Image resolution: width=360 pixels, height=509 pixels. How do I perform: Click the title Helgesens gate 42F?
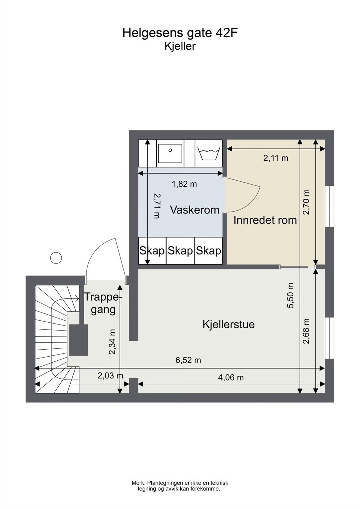point(180,33)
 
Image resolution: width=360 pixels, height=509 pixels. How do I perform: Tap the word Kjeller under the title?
point(180,46)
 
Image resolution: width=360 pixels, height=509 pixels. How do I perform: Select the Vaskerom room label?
point(195,210)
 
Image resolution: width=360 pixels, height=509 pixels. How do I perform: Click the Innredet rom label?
point(265,220)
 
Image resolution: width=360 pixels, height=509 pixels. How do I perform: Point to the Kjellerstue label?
point(228,325)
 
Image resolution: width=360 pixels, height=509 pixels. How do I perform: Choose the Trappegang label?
point(102,303)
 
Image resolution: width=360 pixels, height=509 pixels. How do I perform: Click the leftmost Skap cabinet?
point(152,251)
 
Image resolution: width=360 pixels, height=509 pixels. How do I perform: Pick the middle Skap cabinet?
point(180,251)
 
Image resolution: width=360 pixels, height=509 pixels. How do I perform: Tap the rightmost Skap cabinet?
point(208,251)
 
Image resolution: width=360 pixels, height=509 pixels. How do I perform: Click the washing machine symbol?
point(209,154)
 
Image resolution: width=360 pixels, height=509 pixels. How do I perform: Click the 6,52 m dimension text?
point(188,360)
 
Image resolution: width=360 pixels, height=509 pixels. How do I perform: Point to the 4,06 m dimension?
point(231,377)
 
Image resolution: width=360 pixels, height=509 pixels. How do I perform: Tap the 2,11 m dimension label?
point(276,158)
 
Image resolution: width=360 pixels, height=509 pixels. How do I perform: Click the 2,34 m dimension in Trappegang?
point(112,342)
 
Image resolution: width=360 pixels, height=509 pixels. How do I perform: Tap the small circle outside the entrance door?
point(56,257)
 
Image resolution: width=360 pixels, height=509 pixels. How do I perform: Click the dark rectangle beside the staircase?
point(79,340)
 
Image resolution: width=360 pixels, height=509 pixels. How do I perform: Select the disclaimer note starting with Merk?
point(180,486)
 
